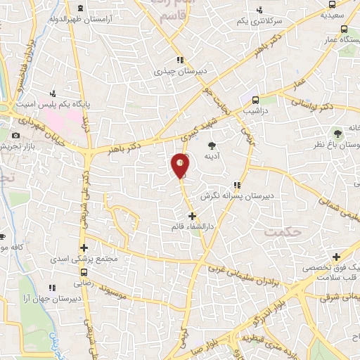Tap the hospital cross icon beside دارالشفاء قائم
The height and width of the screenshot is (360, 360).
point(192,217)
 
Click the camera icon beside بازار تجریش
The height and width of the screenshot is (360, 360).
point(16,135)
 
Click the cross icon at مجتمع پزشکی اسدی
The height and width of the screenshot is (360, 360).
point(84,247)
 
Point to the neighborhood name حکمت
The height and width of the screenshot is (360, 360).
point(280,230)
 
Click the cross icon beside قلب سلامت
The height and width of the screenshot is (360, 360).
point(337,257)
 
